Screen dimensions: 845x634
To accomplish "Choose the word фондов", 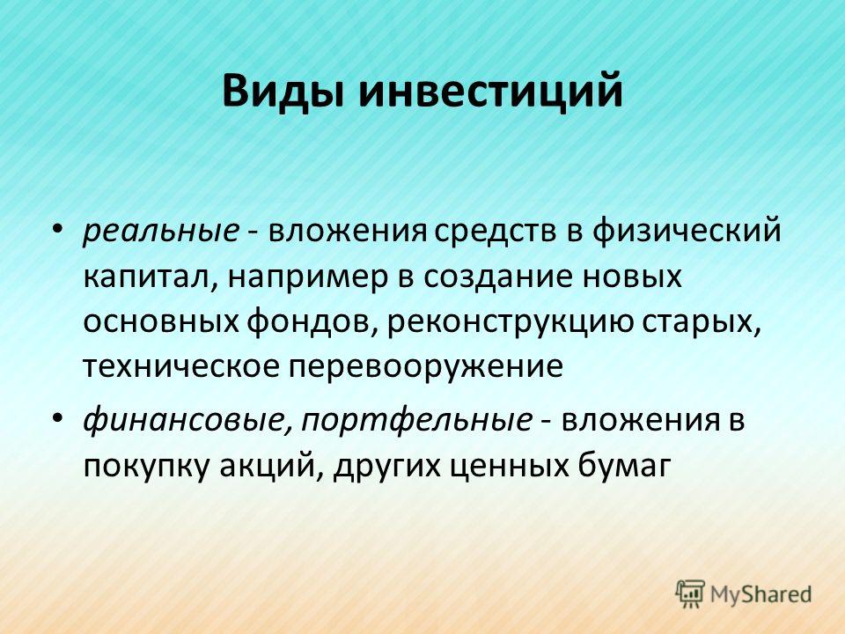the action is point(312,322).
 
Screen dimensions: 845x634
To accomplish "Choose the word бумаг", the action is point(624,465).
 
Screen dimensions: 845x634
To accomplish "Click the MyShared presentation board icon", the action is point(690,593).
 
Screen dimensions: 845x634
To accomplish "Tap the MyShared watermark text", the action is point(760,594).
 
